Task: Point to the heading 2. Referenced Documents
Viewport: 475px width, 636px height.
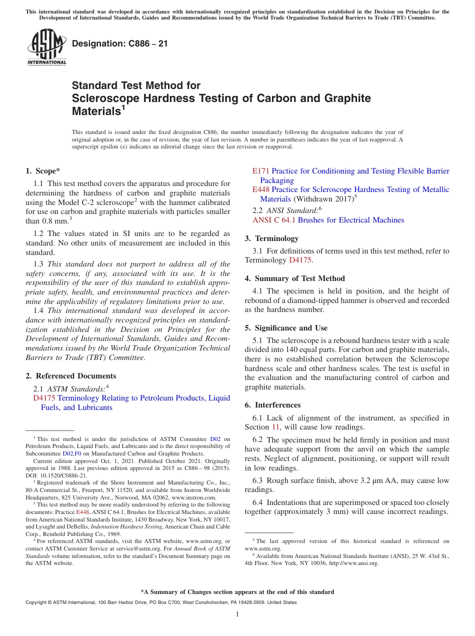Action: (70, 376)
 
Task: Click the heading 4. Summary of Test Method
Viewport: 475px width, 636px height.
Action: (294, 278)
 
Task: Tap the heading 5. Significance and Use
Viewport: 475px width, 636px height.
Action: (286, 328)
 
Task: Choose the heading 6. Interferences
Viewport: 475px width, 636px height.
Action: (272, 405)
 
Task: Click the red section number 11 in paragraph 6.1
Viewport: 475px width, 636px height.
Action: (275, 427)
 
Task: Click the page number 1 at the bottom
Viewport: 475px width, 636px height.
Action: (237, 614)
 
